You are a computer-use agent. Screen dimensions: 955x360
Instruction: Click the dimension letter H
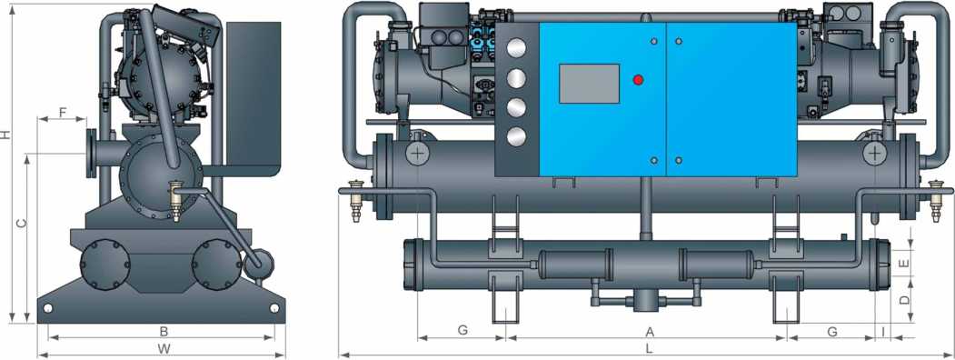(x=5, y=134)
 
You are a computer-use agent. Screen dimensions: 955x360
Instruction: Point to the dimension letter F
(x=63, y=112)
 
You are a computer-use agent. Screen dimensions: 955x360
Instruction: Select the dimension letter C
(x=21, y=224)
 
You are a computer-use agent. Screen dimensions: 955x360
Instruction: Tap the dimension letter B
(x=164, y=332)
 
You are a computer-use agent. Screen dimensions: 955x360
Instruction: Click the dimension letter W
(x=163, y=349)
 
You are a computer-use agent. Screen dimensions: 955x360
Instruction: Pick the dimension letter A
(x=650, y=332)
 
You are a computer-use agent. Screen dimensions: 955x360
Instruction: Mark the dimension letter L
(x=650, y=349)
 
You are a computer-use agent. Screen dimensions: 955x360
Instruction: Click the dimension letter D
(x=904, y=300)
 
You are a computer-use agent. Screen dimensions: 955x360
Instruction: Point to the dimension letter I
(x=883, y=332)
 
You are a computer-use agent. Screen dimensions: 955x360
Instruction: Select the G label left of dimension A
(x=463, y=330)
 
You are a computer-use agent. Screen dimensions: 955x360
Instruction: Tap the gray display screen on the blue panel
(x=589, y=84)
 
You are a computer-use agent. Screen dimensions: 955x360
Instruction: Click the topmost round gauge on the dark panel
(x=516, y=49)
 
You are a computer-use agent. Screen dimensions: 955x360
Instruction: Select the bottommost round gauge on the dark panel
(x=516, y=137)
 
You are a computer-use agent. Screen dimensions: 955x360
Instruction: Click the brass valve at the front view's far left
(x=354, y=199)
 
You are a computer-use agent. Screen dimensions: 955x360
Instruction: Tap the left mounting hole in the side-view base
(x=47, y=307)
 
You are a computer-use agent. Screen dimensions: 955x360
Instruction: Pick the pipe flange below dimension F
(x=92, y=154)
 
